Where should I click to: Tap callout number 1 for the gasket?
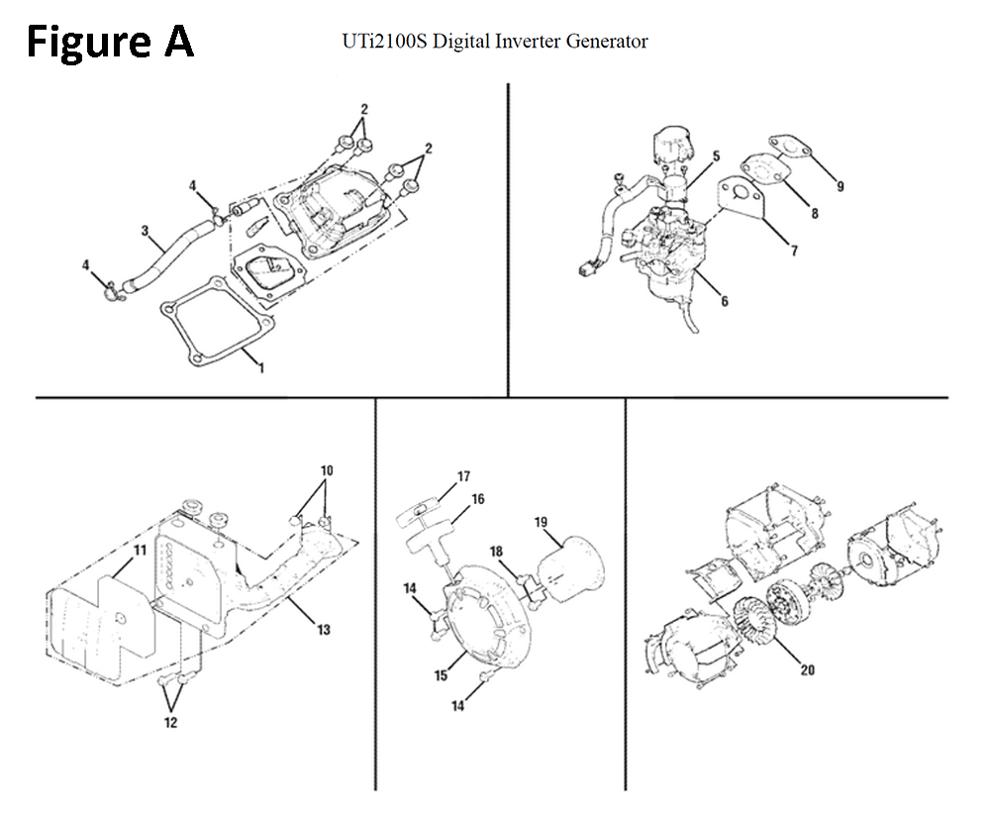[x=261, y=368]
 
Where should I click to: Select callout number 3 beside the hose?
[x=146, y=232]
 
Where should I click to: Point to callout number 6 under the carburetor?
[x=725, y=301]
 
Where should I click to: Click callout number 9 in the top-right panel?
[x=841, y=185]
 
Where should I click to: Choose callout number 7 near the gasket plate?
[x=794, y=252]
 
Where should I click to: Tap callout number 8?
[x=814, y=213]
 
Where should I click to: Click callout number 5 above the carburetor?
[x=716, y=155]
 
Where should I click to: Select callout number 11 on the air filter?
[x=140, y=550]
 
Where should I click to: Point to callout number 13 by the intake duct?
[x=325, y=629]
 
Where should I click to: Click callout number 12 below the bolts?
[x=170, y=722]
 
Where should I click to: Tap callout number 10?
[x=327, y=469]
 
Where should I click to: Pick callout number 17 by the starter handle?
[x=462, y=476]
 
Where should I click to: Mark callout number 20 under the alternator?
[x=807, y=669]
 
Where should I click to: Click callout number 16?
[x=478, y=499]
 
